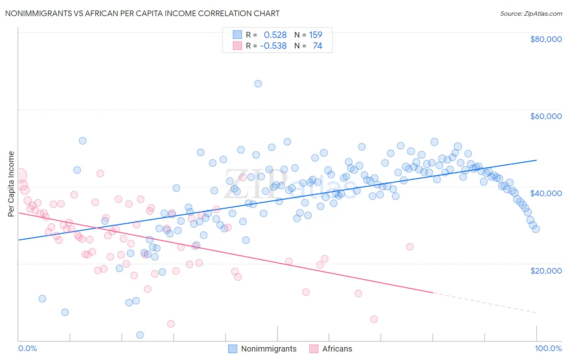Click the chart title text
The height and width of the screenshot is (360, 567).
click(x=142, y=13)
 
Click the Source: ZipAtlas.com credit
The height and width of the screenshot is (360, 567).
click(x=531, y=13)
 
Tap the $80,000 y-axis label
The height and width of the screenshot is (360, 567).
click(x=546, y=39)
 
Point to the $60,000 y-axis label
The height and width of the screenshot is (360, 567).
click(x=546, y=116)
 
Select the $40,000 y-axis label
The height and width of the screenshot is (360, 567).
click(x=546, y=193)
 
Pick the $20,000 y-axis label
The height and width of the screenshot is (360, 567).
click(x=546, y=270)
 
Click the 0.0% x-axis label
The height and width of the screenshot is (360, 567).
click(x=27, y=348)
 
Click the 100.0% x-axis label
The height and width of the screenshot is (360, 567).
click(x=548, y=348)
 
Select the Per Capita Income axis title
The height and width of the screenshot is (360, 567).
click(x=11, y=184)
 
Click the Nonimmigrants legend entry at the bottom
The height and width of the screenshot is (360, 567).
click(x=269, y=349)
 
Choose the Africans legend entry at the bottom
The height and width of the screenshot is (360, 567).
click(x=337, y=349)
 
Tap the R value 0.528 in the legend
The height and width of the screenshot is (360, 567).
click(x=275, y=35)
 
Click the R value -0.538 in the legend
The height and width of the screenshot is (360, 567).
click(x=273, y=46)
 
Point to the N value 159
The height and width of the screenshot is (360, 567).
click(x=315, y=35)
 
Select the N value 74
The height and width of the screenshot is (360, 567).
click(x=317, y=46)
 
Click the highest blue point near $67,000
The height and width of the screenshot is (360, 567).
click(x=258, y=84)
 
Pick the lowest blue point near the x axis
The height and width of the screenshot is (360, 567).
click(x=140, y=335)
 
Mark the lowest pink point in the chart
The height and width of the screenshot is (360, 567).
click(x=171, y=324)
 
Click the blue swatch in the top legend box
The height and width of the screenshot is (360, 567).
click(x=237, y=35)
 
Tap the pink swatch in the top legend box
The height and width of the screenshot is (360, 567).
click(x=237, y=46)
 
